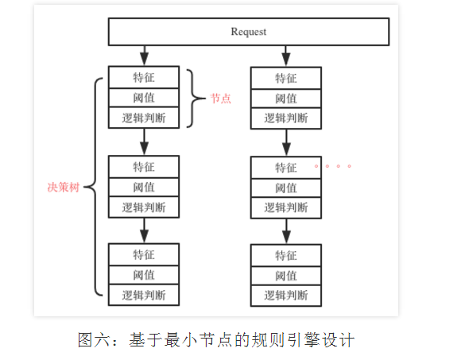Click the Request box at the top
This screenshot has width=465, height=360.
pos(248,32)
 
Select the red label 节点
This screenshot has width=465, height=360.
pos(220,99)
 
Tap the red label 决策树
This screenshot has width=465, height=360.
pos(64,188)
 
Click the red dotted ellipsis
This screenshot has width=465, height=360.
pos(332,167)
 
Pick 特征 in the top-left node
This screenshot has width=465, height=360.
pos(144,78)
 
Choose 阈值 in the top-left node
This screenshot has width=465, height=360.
pos(144,99)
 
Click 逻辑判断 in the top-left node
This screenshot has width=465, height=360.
pos(144,118)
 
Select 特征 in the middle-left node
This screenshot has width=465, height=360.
pos(144,168)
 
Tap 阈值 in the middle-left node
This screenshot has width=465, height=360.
pos(144,188)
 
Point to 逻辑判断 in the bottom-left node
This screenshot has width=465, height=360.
pos(144,296)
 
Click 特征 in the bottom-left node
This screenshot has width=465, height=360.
pos(144,255)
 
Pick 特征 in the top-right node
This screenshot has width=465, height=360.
pos(286,78)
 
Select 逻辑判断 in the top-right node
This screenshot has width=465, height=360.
pos(286,118)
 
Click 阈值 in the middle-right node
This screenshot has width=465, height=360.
pos(286,188)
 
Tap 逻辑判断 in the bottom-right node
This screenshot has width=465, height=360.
pos(286,296)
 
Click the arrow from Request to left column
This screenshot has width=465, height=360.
pos(144,56)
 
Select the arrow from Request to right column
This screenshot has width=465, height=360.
pos(286,56)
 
